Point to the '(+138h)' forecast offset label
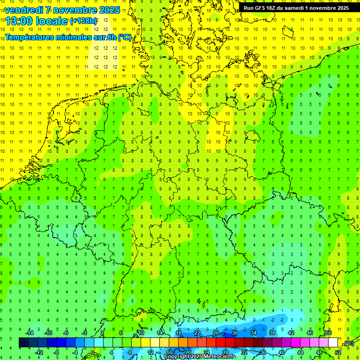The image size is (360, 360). click(83, 21)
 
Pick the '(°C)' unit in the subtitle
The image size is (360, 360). click(124, 37)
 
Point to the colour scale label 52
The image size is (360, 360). click(338, 352)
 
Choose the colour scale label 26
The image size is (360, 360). click(216, 333)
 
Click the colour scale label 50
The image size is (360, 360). click(329, 333)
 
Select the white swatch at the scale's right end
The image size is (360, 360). click(333, 343)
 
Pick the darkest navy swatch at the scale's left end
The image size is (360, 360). click(23, 343)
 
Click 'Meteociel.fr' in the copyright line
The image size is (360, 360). click(219, 357)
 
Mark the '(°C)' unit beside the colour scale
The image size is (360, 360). click(349, 343)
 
